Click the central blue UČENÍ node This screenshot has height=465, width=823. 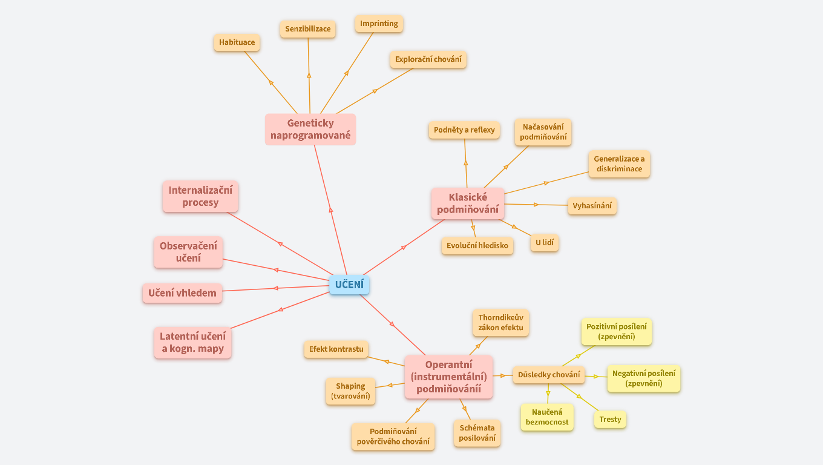click(349, 285)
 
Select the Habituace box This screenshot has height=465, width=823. click(237, 42)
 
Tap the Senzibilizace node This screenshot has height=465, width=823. click(308, 28)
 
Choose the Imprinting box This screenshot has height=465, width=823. click(379, 24)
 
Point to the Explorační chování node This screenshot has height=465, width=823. click(428, 59)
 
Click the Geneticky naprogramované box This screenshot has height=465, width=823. click(310, 129)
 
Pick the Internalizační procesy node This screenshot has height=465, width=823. click(200, 197)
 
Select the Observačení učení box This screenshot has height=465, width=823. click(188, 252)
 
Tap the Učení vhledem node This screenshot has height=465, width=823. click(182, 293)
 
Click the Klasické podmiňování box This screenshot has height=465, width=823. click(468, 203)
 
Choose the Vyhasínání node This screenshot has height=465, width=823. click(592, 205)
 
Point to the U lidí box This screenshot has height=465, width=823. click(544, 243)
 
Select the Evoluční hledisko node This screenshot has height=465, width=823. click(477, 245)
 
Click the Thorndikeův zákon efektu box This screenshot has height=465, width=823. click(500, 323)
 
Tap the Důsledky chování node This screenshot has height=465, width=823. click(549, 375)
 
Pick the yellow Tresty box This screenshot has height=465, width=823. click(610, 419)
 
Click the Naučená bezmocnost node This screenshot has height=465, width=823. click(547, 417)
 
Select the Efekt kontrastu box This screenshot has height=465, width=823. click(336, 349)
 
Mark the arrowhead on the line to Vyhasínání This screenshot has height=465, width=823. click(536, 205)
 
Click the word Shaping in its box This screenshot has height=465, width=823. click(350, 386)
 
